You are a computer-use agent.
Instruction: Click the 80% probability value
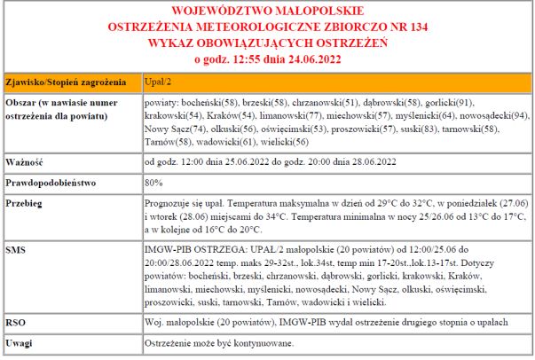click(x=153, y=183)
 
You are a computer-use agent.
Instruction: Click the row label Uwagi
click(x=20, y=342)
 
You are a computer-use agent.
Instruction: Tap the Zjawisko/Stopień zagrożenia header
click(x=67, y=83)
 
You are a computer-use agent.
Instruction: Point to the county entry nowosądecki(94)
click(x=498, y=116)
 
